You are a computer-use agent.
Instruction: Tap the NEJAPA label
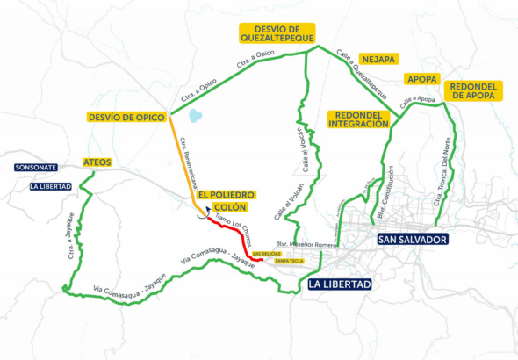click(x=379, y=59)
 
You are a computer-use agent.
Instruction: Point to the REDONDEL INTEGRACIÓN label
click(x=357, y=119)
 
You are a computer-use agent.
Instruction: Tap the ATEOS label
click(x=96, y=162)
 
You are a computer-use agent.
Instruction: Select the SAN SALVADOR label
click(x=412, y=239)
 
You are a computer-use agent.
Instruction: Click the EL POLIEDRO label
click(x=226, y=194)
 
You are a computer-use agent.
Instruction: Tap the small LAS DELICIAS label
click(x=266, y=253)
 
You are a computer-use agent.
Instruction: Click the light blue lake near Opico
click(x=195, y=115)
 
